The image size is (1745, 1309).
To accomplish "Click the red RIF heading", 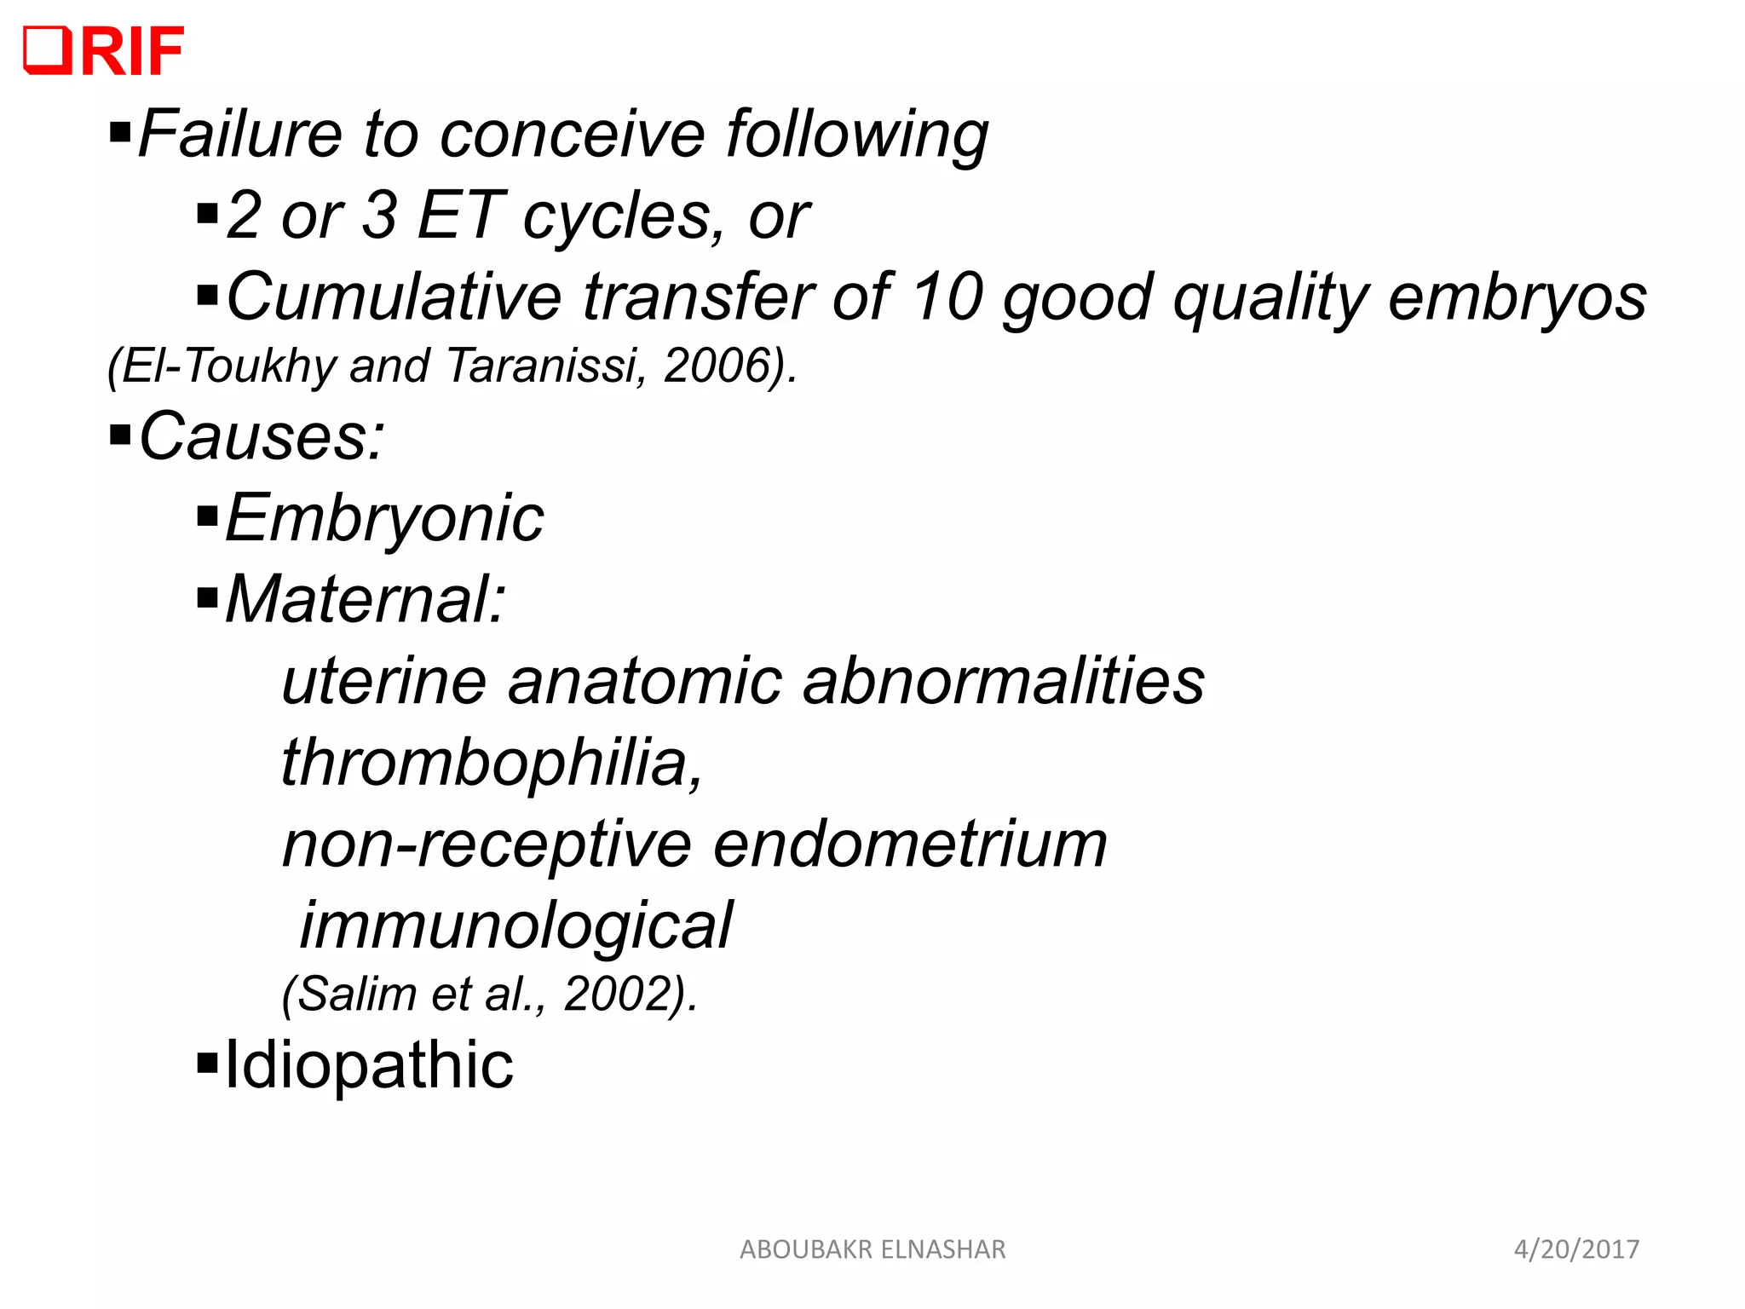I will click(x=132, y=51).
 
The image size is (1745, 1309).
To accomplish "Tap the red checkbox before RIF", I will click(x=47, y=50).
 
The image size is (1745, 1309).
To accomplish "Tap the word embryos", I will click(x=1517, y=297).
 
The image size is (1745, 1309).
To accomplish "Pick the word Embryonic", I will click(x=384, y=518).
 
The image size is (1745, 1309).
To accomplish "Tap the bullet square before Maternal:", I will click(x=207, y=598).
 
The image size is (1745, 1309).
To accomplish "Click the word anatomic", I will click(x=644, y=681).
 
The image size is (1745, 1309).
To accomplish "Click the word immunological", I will click(x=516, y=926).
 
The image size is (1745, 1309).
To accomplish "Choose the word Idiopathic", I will click(x=369, y=1064).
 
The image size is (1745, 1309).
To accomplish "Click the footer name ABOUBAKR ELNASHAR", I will click(x=872, y=1249).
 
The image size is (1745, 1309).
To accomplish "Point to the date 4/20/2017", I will click(x=1576, y=1249).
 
